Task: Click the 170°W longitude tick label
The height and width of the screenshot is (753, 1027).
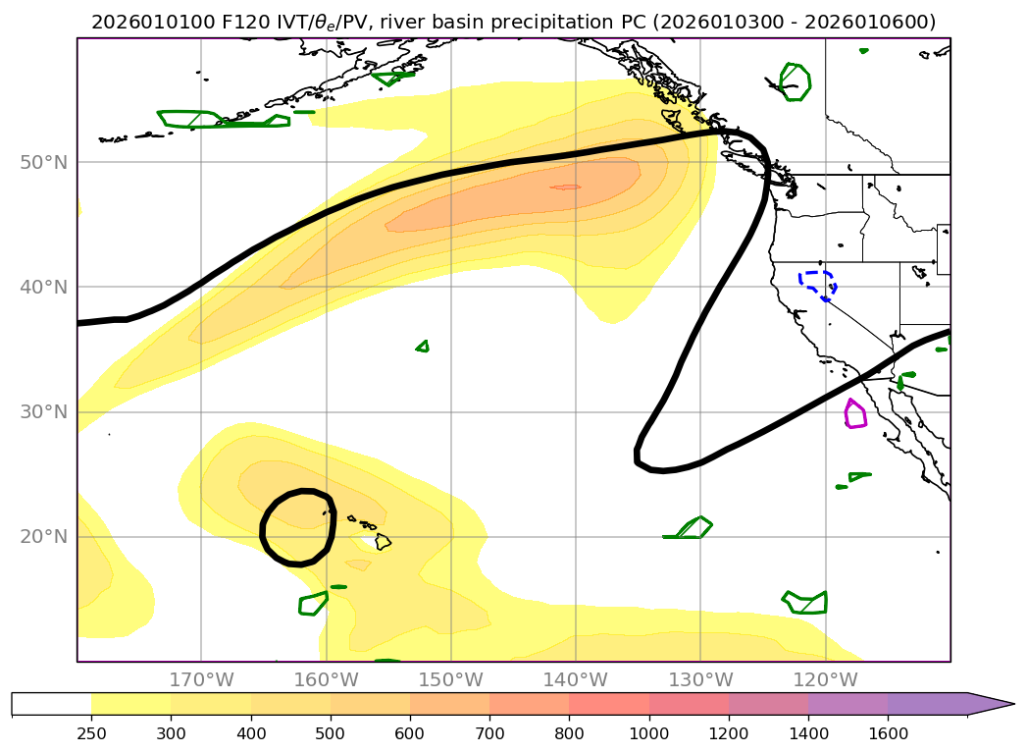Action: [x=201, y=679]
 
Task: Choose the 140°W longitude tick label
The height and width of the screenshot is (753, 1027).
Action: [x=575, y=679]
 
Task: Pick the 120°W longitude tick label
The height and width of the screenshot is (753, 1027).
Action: [x=825, y=679]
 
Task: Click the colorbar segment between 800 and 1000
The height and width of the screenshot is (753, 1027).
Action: [x=608, y=704]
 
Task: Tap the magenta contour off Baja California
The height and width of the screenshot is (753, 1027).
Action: [x=855, y=414]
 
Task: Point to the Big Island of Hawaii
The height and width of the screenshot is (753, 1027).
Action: [x=383, y=541]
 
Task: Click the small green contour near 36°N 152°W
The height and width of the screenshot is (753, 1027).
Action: [x=423, y=346]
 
